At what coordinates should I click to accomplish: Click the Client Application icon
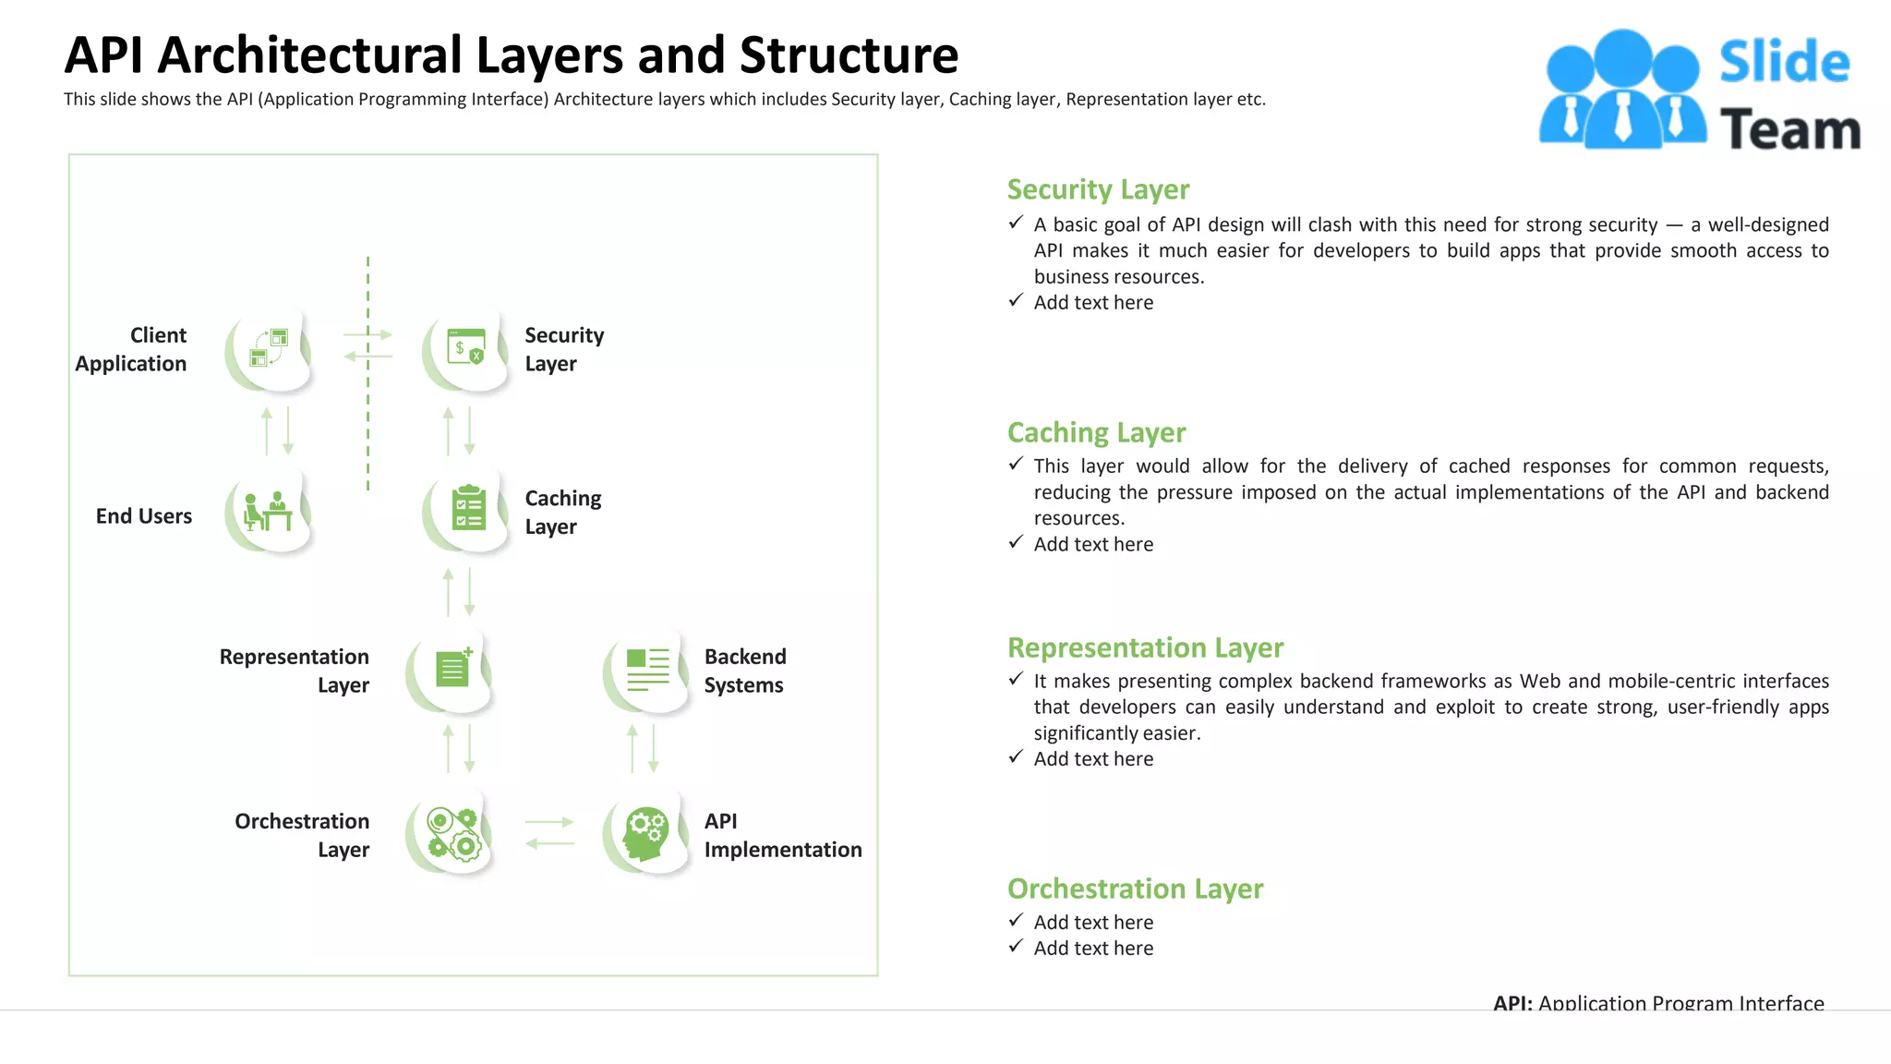269,348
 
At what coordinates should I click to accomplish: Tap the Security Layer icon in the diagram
466,348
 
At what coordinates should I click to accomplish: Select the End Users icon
269,511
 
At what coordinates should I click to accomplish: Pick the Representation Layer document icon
452,668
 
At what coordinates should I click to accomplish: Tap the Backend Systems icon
647,670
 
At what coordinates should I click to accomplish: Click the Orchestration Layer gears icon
452,833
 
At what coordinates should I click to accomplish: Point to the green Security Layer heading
1097,189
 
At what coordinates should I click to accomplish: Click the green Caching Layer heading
1096,432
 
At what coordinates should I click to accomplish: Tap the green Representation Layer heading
1145,647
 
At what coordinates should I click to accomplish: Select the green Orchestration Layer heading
1135,889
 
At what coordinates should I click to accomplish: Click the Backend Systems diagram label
744,671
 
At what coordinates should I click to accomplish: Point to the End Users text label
144,516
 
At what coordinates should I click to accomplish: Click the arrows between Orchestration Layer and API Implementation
549,832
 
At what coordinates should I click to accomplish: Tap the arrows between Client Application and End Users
277,431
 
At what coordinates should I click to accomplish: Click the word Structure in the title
849,55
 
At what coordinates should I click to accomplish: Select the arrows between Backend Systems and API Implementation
643,749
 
